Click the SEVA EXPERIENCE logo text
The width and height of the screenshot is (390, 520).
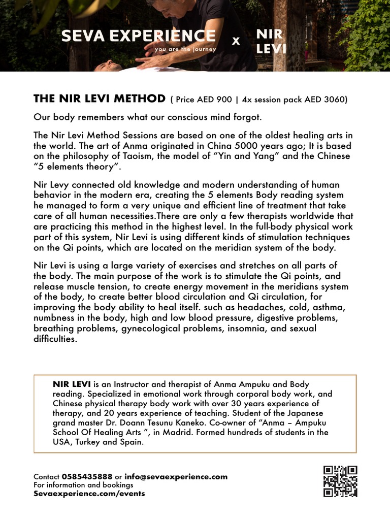[x=138, y=36]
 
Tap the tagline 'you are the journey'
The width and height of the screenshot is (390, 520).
[x=185, y=49]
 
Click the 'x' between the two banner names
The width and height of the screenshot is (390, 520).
[x=236, y=41]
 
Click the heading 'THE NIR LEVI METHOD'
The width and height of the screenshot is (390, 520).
[x=99, y=99]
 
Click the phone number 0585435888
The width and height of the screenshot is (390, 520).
[x=87, y=477]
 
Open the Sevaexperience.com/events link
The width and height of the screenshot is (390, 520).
[x=89, y=493]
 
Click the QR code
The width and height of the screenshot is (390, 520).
[x=340, y=481]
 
